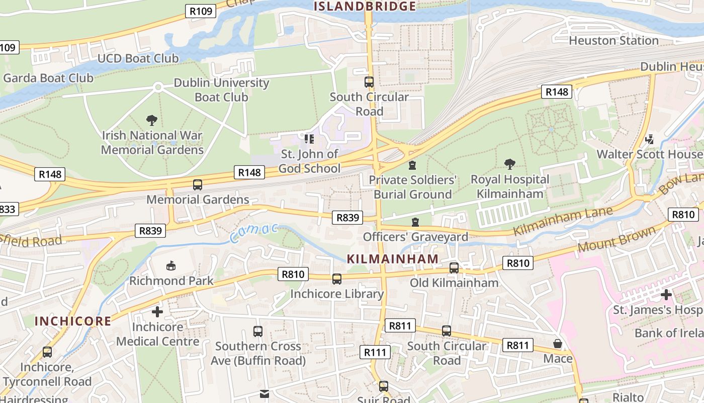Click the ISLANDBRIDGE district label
coord(365,6)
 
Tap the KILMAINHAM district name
coord(393,259)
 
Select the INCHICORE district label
coord(73,321)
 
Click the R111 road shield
coord(375,352)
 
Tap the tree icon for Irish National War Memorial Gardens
coord(152,120)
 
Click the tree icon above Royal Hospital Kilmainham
coord(509,164)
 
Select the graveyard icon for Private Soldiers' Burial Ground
coord(412,165)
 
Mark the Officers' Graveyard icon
coord(415,222)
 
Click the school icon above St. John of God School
coord(309,138)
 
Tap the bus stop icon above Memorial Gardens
coord(198,184)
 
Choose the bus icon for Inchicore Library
coord(337,279)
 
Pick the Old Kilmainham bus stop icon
coord(454,267)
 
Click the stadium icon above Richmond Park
coord(171,265)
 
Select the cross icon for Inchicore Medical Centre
coord(157,312)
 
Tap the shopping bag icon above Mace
coord(558,344)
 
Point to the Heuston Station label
coord(613,40)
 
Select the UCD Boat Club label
coord(138,58)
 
